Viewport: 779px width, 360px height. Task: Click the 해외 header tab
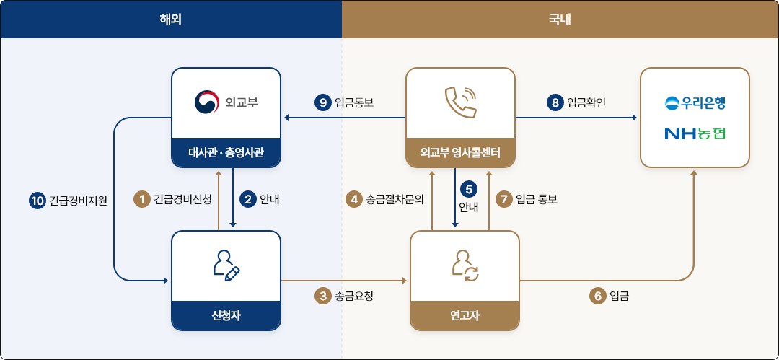point(171,19)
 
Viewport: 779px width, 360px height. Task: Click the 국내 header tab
point(560,19)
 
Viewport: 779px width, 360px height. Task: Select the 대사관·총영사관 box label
point(226,152)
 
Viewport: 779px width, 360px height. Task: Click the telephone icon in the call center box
point(460,102)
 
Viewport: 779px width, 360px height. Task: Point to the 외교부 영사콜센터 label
point(460,152)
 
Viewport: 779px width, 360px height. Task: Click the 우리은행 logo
point(695,103)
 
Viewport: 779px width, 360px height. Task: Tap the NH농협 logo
point(695,133)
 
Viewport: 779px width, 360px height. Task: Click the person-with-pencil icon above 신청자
point(226,265)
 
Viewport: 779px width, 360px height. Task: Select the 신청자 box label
point(226,315)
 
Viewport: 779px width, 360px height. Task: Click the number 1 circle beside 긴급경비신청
point(142,200)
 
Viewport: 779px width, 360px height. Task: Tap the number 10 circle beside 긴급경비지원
point(38,201)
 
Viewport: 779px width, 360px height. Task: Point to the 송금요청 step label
point(354,297)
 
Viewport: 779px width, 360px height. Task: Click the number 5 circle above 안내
point(469,189)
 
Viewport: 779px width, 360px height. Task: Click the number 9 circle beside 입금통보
point(323,103)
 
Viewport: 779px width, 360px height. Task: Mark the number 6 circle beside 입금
point(598,297)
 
